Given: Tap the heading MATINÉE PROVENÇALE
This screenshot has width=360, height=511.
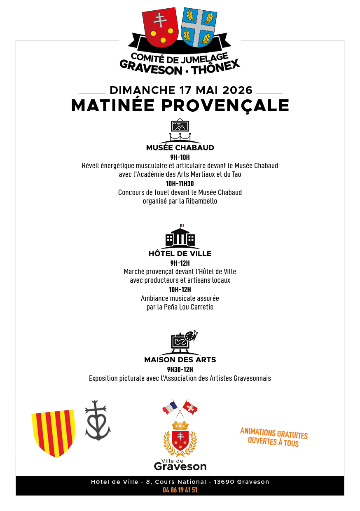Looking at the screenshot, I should [x=180, y=105].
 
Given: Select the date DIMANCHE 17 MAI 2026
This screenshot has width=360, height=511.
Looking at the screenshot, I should [x=181, y=90].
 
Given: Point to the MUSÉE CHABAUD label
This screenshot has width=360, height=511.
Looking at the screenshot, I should [x=180, y=148].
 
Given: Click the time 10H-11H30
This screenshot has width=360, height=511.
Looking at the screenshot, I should [x=180, y=184].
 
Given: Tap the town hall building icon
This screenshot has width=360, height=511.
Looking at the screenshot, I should [x=180, y=237].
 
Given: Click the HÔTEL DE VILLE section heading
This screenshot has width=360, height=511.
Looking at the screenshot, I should [x=180, y=253].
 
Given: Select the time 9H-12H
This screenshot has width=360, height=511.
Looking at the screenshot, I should [x=180, y=263].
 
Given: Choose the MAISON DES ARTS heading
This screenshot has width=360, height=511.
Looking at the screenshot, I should [x=180, y=360].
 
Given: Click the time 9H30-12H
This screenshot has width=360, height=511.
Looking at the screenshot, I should [x=180, y=369].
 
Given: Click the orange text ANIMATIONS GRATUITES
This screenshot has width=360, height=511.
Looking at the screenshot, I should [x=274, y=434].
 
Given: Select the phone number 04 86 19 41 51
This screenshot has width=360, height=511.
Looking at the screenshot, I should [x=180, y=490].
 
